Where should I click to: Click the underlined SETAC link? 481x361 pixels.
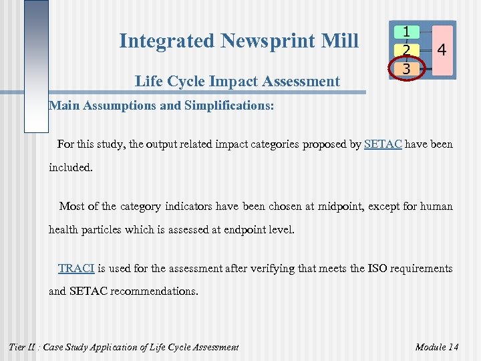383,144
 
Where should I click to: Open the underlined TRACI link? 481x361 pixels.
76,269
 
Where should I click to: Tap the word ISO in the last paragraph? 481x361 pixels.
379,269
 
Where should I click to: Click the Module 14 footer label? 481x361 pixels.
436,347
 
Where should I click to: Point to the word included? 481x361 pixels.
71,168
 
